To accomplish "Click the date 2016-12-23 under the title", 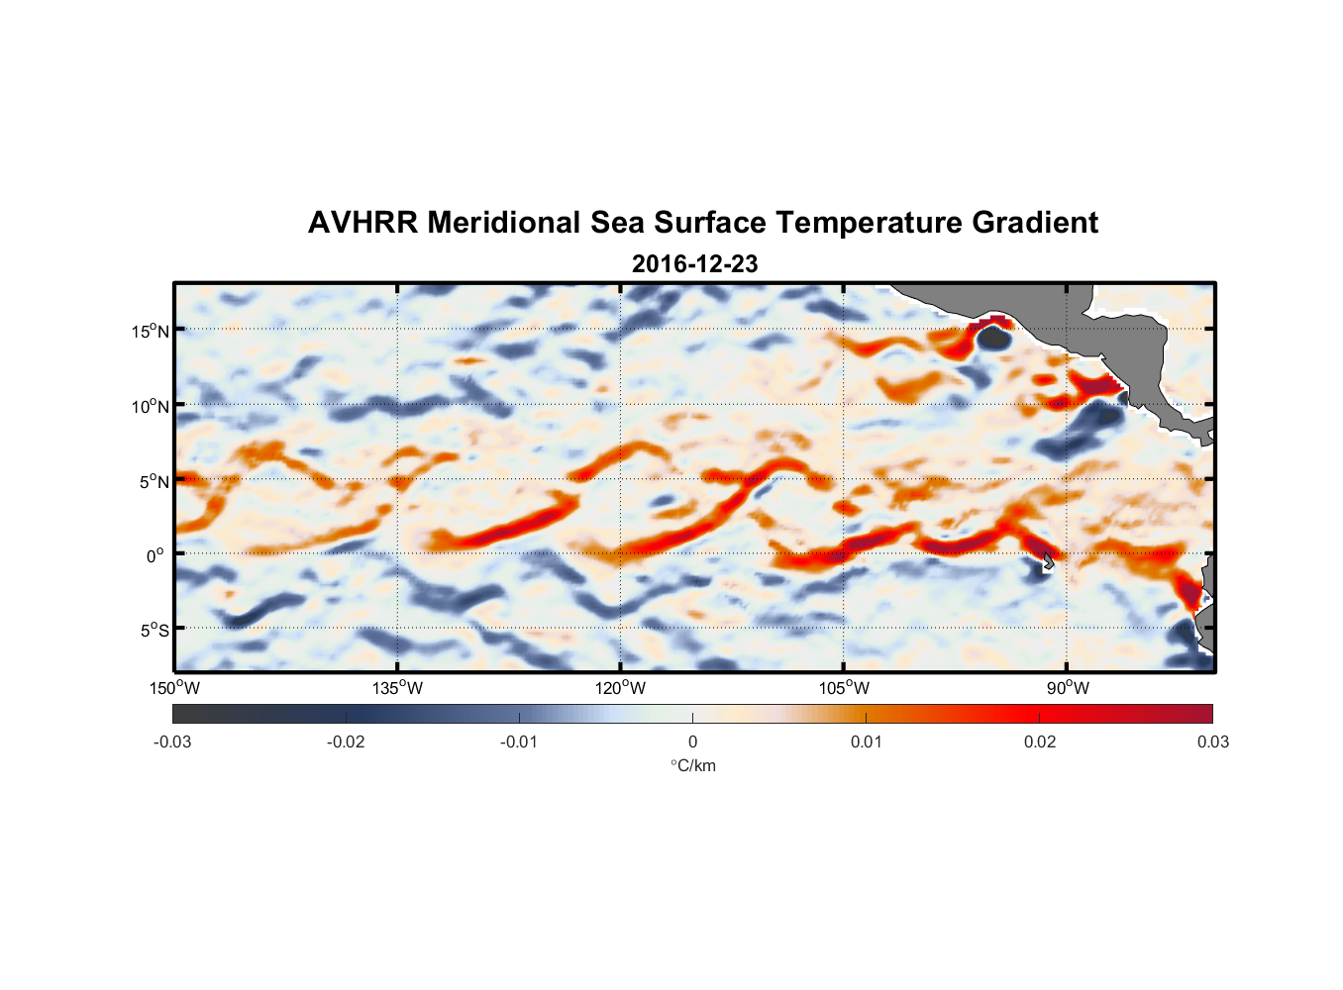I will point(694,264).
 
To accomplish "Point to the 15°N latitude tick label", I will point(151,331).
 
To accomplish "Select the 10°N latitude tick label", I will point(151,406).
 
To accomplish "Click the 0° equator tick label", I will point(155,556).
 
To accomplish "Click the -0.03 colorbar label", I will point(172,742).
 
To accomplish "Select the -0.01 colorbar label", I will point(519,742).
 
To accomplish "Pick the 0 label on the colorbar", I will point(692,742).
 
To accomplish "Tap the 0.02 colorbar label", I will point(1040,742).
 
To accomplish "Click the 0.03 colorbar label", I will point(1212,742).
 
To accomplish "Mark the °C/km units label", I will point(692,765).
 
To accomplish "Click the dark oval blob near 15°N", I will point(993,339).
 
